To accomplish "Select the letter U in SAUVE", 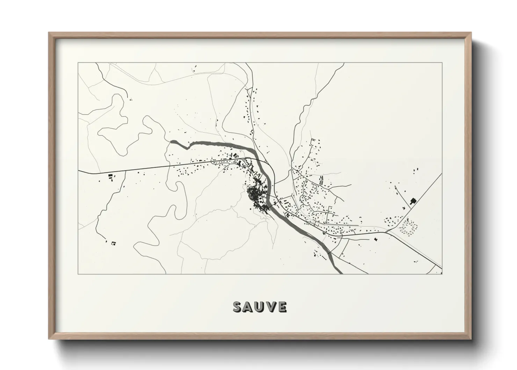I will point(260,307).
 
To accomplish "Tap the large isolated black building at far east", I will point(413,201).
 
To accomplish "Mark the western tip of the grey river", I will point(172,141).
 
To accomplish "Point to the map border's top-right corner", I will point(442,63).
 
